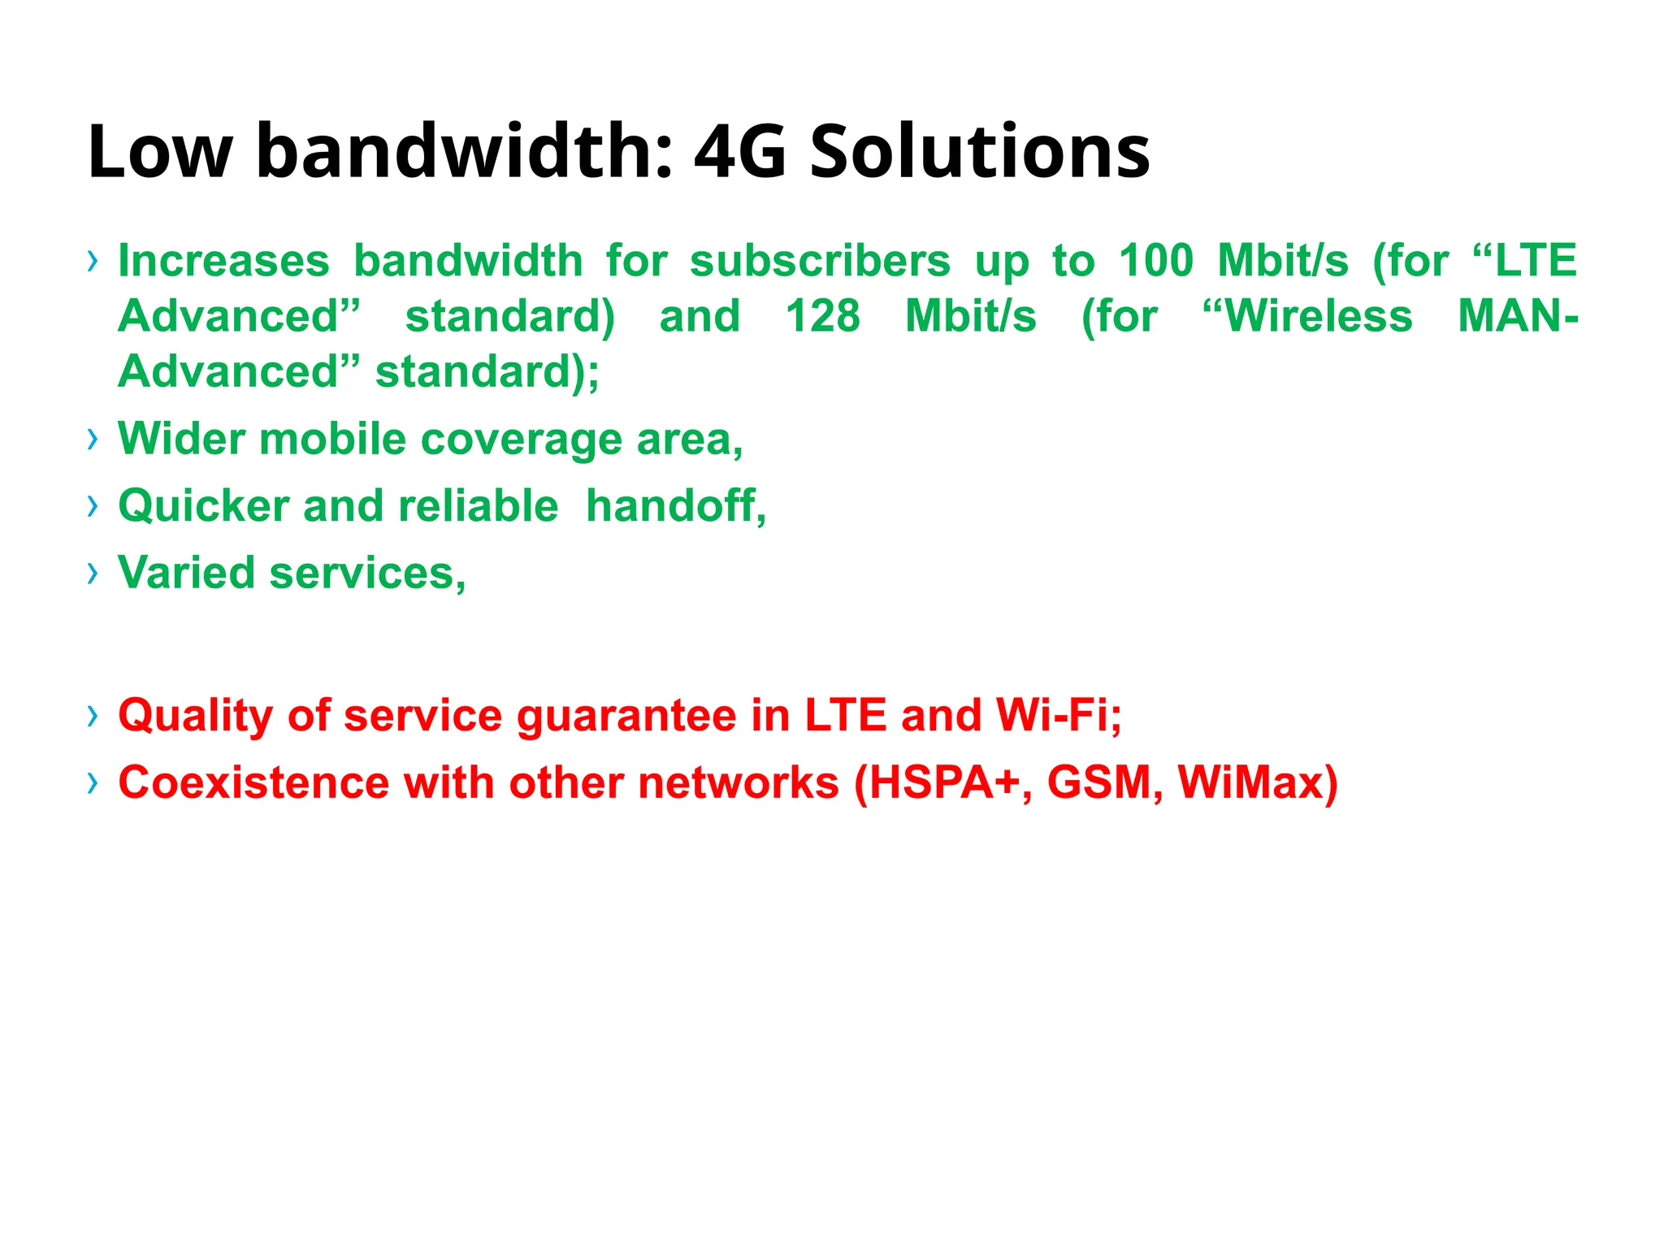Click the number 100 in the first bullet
click(1155, 262)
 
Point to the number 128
click(822, 317)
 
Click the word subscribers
click(820, 262)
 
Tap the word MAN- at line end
click(1517, 317)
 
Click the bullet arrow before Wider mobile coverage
click(93, 440)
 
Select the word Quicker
click(204, 506)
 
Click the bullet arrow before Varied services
click(93, 573)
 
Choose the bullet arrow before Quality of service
click(93, 716)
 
